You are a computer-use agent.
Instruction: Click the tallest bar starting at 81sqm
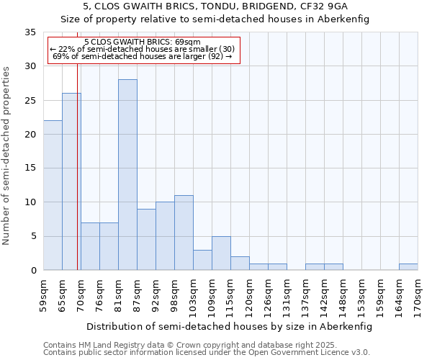pos(127,175)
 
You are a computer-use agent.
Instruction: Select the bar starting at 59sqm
pos(53,195)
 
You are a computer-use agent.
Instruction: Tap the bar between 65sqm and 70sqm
pos(71,181)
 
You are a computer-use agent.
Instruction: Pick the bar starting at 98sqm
pos(184,233)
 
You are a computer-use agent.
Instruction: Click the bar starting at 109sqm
pos(221,253)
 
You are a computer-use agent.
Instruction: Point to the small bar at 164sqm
pos(408,267)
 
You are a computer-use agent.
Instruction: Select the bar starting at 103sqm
pos(202,260)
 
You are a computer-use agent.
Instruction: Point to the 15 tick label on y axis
pos(30,168)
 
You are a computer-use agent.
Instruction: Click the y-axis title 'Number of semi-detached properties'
pos(7,156)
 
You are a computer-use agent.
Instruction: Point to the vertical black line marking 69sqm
pos(77,166)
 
